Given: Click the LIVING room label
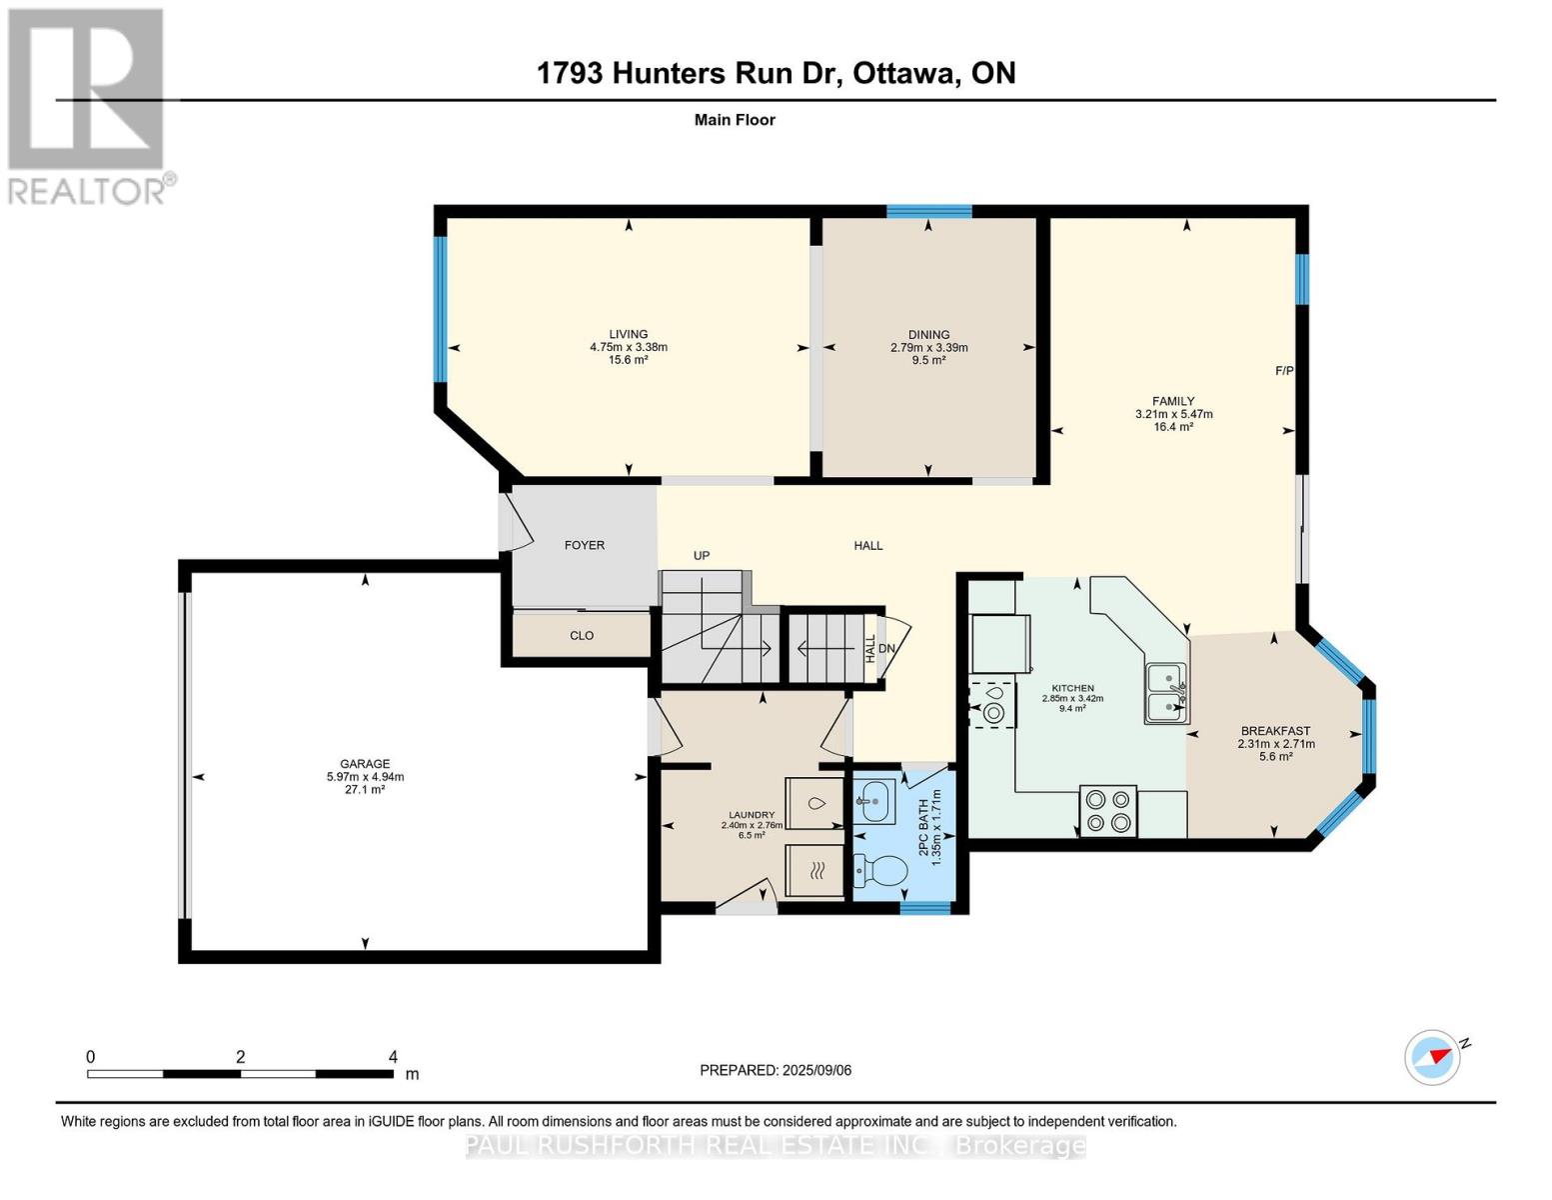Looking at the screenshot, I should (629, 334).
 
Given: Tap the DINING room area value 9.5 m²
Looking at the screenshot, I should (928, 360).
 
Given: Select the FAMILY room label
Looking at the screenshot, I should (1173, 401).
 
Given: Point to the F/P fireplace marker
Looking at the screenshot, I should (1284, 371).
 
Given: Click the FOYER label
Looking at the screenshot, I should (585, 545).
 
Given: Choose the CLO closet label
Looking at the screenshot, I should (582, 635).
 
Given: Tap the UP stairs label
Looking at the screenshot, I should (702, 555).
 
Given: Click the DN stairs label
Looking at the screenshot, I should (886, 648).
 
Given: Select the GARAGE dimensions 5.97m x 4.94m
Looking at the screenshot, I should (365, 777).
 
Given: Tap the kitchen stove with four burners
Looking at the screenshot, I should (1107, 811).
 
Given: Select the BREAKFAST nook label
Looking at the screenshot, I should (1275, 731).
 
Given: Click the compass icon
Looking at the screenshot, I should (1432, 1057).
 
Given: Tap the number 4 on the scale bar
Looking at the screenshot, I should (393, 1057).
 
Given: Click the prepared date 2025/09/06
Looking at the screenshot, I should (816, 1070).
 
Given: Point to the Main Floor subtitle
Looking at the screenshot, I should (735, 120).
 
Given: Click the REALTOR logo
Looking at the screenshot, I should (88, 105).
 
